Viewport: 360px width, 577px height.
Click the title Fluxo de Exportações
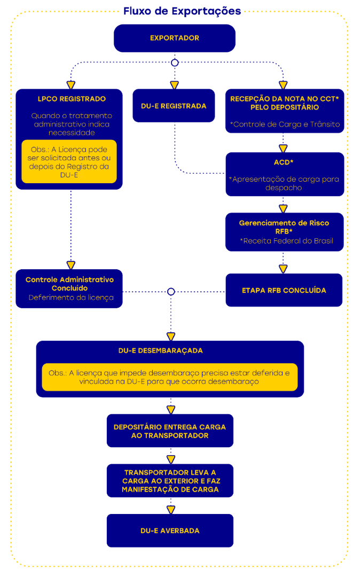[182, 11]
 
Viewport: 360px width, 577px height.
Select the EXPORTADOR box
[174, 38]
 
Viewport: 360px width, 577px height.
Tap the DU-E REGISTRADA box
[174, 106]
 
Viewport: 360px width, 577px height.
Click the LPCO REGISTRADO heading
[72, 99]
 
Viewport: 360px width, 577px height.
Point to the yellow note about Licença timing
[69, 162]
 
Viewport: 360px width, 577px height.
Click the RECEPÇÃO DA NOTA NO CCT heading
[284, 103]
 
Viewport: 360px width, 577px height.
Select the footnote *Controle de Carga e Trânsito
[284, 124]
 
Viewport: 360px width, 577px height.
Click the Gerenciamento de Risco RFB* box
[284, 232]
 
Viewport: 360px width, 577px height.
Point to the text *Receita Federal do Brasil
[287, 241]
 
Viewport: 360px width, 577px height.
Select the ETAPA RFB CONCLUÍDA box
[284, 290]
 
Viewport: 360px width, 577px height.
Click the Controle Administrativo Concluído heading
[69, 284]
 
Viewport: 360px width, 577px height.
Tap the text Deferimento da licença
[71, 298]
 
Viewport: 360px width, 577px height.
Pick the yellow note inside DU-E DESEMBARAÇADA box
[169, 377]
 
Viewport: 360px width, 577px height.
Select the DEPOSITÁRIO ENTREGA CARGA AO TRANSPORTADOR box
[170, 431]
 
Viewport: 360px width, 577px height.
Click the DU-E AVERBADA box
[170, 531]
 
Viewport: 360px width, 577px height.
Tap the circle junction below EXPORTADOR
[174, 63]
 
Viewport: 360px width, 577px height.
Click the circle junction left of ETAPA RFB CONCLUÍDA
[171, 292]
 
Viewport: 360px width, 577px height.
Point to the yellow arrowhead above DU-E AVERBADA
[171, 509]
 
